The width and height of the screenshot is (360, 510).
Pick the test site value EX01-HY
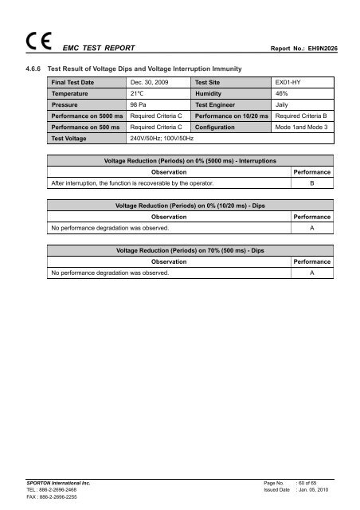point(288,82)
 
